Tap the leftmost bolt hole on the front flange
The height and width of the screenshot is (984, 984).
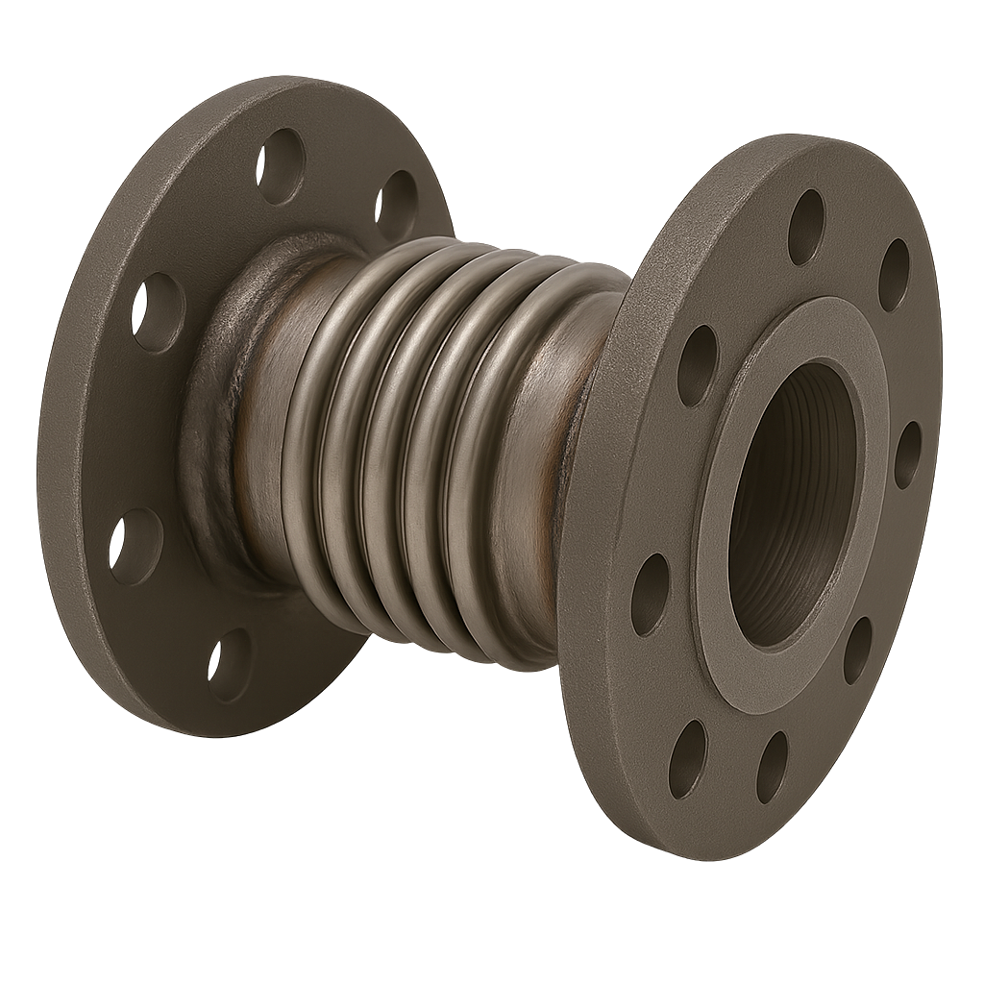tap(651, 581)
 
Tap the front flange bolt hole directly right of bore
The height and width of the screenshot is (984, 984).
tap(908, 455)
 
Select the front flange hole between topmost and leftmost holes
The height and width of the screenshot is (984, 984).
tap(698, 364)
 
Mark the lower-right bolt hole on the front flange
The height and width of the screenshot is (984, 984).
tap(858, 651)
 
